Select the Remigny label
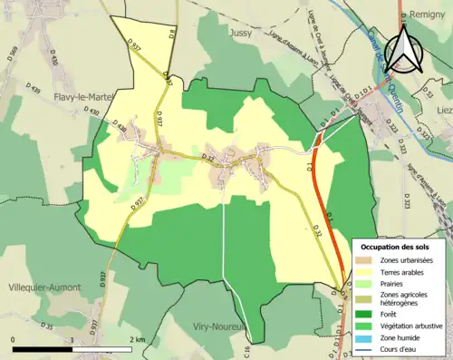(431, 15)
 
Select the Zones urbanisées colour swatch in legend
(369, 260)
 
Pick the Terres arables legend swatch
(369, 272)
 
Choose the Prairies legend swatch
(369, 283)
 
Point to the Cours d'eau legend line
(369, 345)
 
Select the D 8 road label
(171, 34)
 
